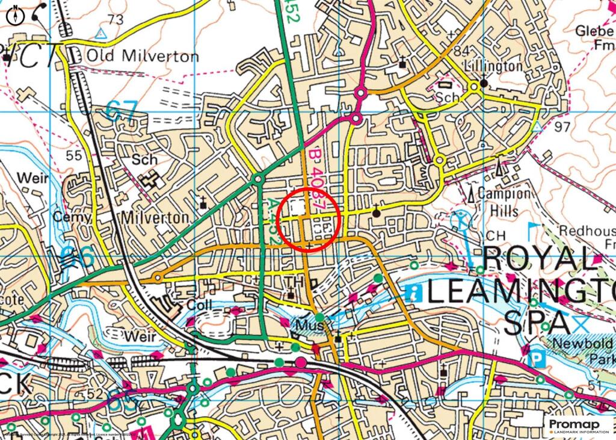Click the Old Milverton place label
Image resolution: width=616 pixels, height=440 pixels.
(x=143, y=57)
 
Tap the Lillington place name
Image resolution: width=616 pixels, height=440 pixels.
(x=493, y=66)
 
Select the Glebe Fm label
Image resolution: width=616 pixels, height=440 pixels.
(x=595, y=37)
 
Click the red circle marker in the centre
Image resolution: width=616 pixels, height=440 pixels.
(x=311, y=218)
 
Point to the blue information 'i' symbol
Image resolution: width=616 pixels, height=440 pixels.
(x=414, y=294)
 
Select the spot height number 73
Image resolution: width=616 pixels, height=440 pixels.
(x=115, y=20)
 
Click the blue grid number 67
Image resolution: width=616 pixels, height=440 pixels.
(x=122, y=110)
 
